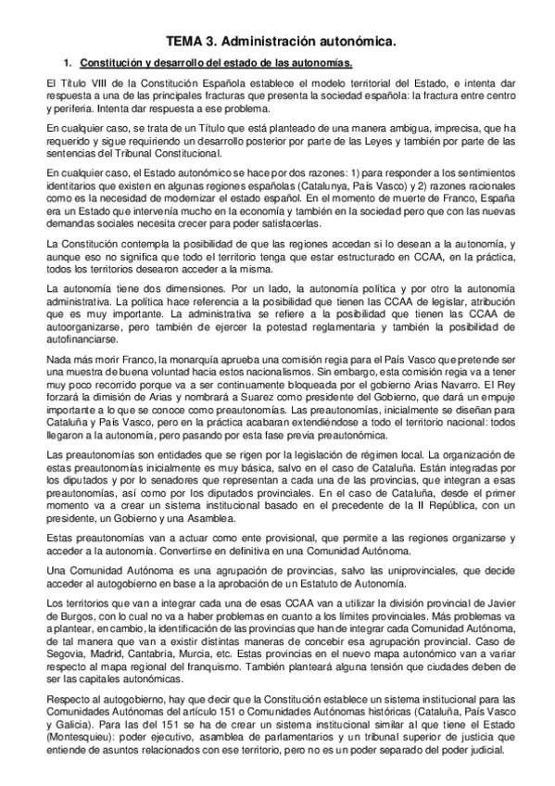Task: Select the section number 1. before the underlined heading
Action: tap(67, 64)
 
